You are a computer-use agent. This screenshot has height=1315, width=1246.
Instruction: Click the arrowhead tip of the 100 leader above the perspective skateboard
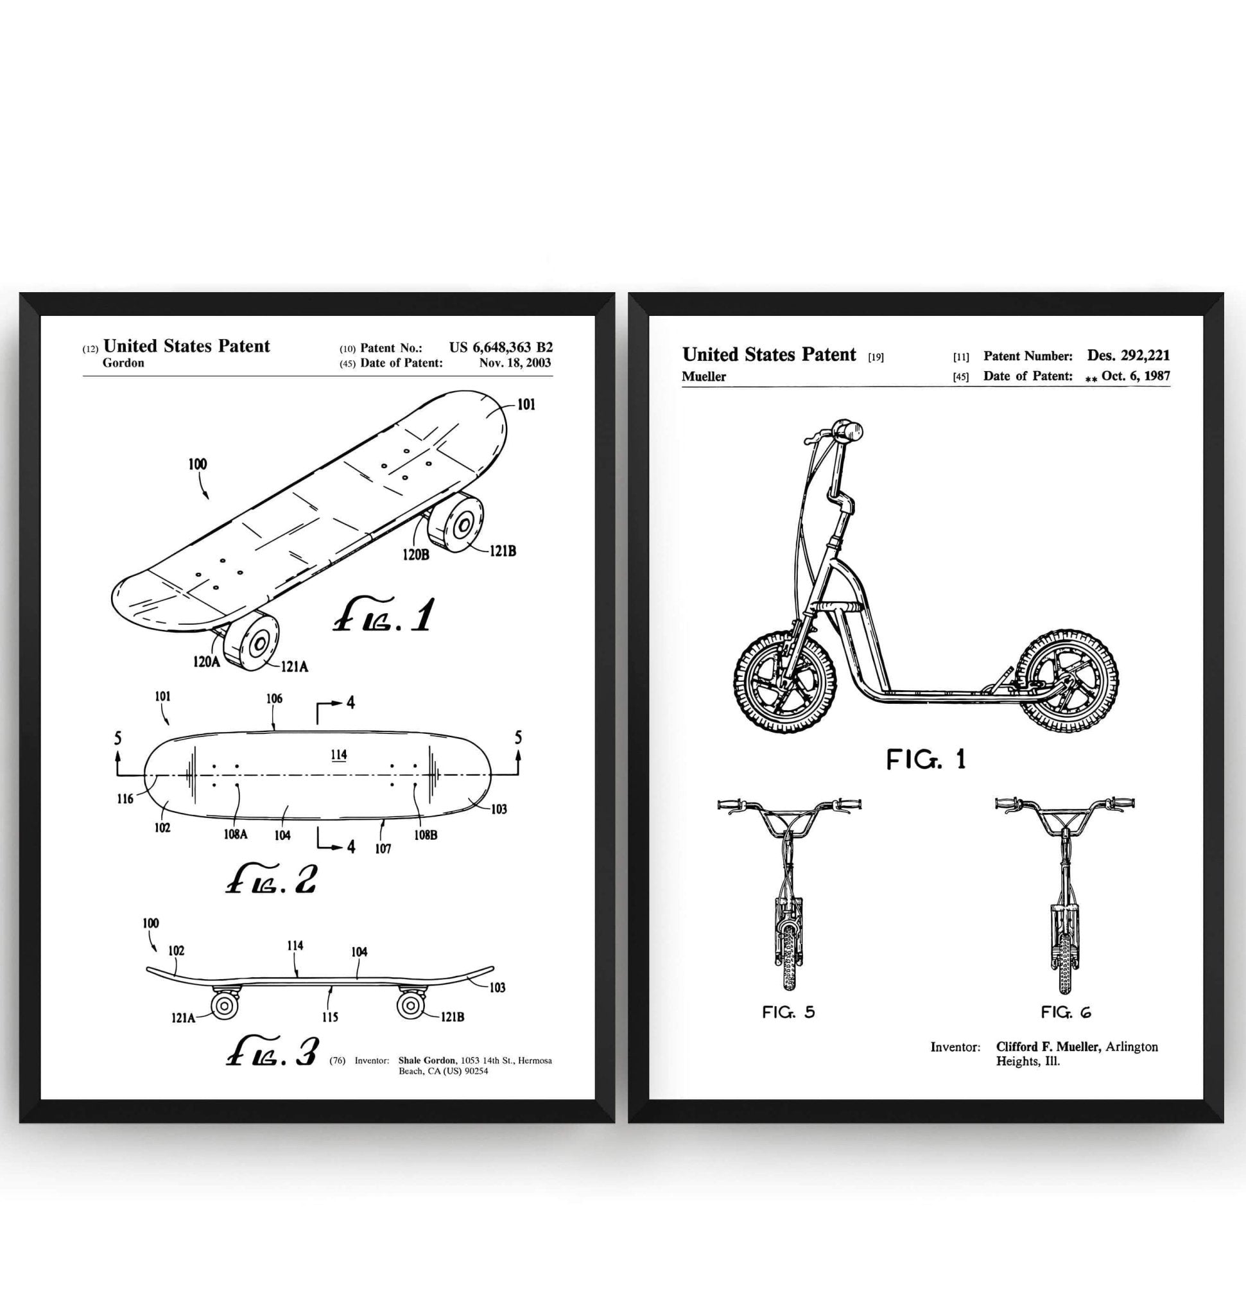[x=208, y=498]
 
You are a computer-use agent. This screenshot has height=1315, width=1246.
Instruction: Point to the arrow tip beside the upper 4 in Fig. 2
[x=343, y=703]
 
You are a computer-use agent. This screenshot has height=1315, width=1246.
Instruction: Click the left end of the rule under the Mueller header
[x=682, y=387]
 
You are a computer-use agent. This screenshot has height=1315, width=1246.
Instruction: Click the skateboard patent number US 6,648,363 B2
[x=501, y=347]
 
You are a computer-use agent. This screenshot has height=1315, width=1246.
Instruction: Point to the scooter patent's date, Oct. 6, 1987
[x=1136, y=375]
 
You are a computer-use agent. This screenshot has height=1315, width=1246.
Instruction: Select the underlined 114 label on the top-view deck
[x=339, y=755]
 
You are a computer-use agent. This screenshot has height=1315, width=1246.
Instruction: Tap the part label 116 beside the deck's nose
[x=126, y=799]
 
